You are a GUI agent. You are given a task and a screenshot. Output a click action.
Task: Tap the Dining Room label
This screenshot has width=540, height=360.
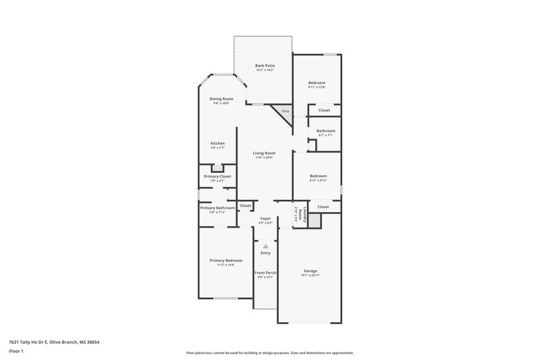click(221, 99)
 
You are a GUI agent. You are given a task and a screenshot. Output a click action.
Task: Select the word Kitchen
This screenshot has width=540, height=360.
click(217, 143)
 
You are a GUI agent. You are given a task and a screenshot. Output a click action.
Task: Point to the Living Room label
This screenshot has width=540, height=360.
click(263, 153)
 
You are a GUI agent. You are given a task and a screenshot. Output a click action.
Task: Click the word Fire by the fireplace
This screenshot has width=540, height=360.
click(286, 111)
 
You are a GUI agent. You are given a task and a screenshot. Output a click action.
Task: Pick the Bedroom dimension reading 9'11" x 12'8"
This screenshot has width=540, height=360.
click(317, 87)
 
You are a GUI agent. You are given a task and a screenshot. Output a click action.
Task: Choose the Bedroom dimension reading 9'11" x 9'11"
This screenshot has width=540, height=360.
click(318, 180)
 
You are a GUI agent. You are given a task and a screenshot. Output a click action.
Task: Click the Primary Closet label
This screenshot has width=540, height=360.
click(217, 176)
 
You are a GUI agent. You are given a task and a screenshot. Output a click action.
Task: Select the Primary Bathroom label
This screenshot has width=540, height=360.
click(217, 208)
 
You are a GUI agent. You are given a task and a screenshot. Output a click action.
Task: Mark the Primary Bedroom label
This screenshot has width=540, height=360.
click(225, 260)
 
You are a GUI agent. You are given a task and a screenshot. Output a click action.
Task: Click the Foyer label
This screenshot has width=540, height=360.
click(265, 218)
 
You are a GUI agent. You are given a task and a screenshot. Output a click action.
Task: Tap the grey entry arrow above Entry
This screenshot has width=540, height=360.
click(266, 246)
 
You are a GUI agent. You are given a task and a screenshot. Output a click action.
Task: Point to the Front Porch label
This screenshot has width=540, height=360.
click(265, 272)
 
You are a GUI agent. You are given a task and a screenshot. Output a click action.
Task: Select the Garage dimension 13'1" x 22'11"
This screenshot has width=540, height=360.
click(310, 276)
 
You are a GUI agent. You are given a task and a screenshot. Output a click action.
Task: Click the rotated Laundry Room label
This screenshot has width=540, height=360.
click(296, 214)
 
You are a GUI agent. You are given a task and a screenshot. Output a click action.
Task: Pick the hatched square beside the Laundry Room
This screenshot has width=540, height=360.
click(313, 220)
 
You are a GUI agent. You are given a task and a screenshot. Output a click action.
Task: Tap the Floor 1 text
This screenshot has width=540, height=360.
click(16, 351)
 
